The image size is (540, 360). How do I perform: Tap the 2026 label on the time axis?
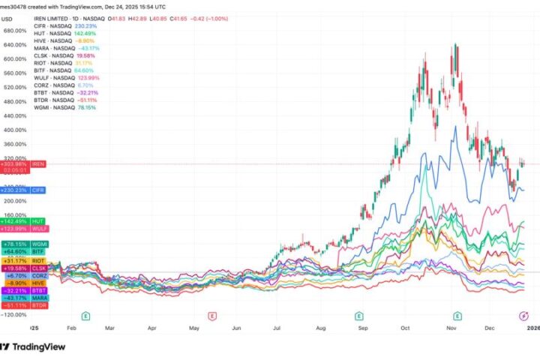[529, 328]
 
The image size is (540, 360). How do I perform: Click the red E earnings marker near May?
[213, 316]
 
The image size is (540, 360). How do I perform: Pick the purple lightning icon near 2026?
[523, 316]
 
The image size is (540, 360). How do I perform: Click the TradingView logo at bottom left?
[33, 346]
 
